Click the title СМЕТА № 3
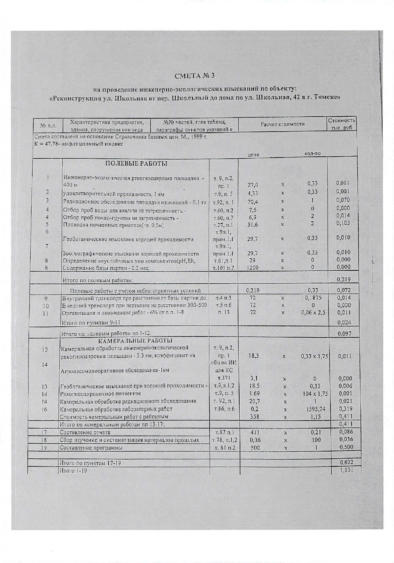point(195,76)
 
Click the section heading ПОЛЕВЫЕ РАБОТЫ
point(136,164)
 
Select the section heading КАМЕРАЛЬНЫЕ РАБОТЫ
point(135,341)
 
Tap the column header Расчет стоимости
point(282,124)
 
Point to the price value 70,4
point(253,202)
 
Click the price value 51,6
point(253,224)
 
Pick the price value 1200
point(252,268)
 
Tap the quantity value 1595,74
point(315,409)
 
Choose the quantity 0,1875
point(313,298)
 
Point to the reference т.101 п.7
point(224,268)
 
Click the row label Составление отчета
point(85,432)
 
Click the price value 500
point(255,448)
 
